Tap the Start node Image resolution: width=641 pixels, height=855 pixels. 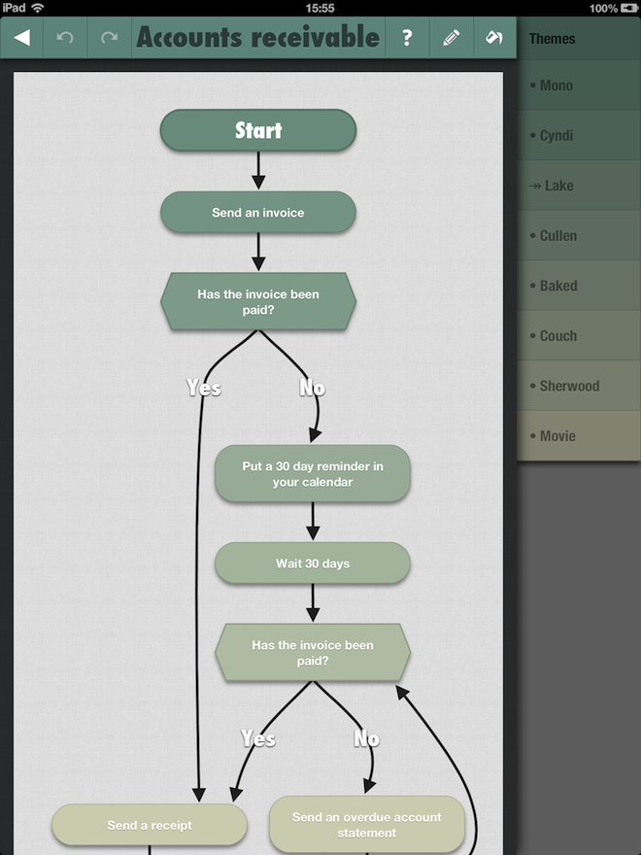257,130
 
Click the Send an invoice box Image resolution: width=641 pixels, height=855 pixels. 257,212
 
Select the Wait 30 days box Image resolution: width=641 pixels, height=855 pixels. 313,564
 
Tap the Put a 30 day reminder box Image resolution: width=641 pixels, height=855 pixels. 313,474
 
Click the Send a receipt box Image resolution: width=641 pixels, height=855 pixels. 150,825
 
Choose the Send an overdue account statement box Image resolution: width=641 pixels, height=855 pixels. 367,825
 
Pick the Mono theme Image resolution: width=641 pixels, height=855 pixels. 579,85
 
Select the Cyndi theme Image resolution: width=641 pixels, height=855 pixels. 579,135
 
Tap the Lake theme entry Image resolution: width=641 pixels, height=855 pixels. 579,186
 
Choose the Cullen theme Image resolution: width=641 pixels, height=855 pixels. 579,235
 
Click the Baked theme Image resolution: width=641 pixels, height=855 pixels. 579,286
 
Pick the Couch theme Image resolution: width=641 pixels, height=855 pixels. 579,336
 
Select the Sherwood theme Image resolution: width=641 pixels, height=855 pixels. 579,386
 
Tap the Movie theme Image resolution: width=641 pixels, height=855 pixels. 579,435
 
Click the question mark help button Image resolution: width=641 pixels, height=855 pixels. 407,38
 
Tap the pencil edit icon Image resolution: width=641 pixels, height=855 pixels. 452,38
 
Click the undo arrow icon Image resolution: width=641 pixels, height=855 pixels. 65,38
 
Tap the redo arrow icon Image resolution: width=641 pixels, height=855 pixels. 109,38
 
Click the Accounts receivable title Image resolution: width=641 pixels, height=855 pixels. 257,37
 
